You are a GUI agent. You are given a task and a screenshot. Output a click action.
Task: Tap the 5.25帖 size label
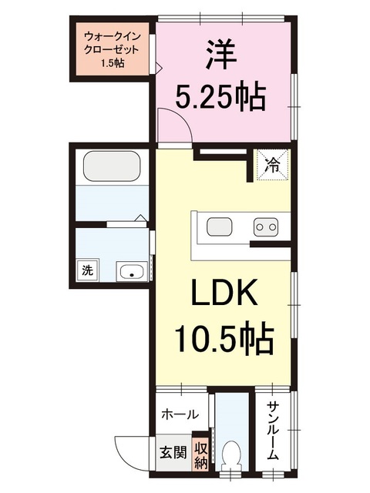pyautogui.click(x=220, y=95)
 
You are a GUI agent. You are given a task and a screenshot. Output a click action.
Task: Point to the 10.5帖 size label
pyautogui.click(x=224, y=337)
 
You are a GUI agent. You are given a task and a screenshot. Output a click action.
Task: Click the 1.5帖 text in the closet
pyautogui.click(x=113, y=63)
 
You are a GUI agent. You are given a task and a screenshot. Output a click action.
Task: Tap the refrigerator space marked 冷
pyautogui.click(x=273, y=165)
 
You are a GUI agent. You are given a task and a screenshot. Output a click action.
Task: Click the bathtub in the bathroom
pyautogui.click(x=111, y=166)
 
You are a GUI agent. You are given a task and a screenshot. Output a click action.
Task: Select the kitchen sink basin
pyautogui.click(x=219, y=226)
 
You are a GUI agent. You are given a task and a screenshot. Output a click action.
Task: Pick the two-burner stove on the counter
pyautogui.click(x=266, y=226)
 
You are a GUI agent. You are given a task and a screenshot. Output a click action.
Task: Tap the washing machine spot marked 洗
pyautogui.click(x=88, y=270)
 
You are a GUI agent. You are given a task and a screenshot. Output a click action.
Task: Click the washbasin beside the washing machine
pyautogui.click(x=132, y=271)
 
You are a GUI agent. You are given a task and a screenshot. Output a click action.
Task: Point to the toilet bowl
pyautogui.click(x=231, y=457)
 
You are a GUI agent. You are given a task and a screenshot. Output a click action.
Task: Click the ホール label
pyautogui.click(x=180, y=414)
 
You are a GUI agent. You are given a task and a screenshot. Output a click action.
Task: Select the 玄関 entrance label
pyautogui.click(x=173, y=453)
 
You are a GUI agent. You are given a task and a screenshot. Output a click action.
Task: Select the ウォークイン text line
pyautogui.click(x=113, y=38)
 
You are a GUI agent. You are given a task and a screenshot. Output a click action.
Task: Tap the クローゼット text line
pyautogui.click(x=112, y=50)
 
